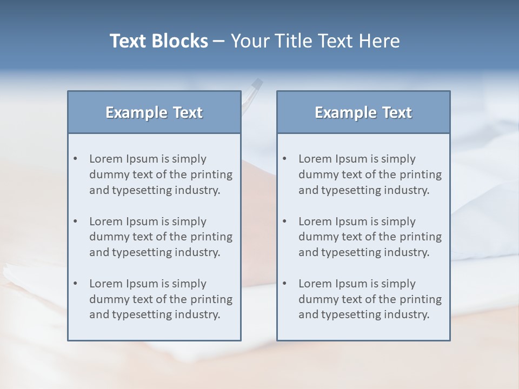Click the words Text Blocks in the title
158,41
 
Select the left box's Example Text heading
154,112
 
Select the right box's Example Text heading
363,112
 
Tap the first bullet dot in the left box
76,159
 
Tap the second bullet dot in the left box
76,222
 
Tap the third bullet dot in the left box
76,284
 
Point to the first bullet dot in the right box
285,159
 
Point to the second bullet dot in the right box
285,222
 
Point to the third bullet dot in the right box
285,284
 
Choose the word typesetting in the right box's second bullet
351,252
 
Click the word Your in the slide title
249,41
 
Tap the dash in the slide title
219,41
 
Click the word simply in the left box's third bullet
189,284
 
